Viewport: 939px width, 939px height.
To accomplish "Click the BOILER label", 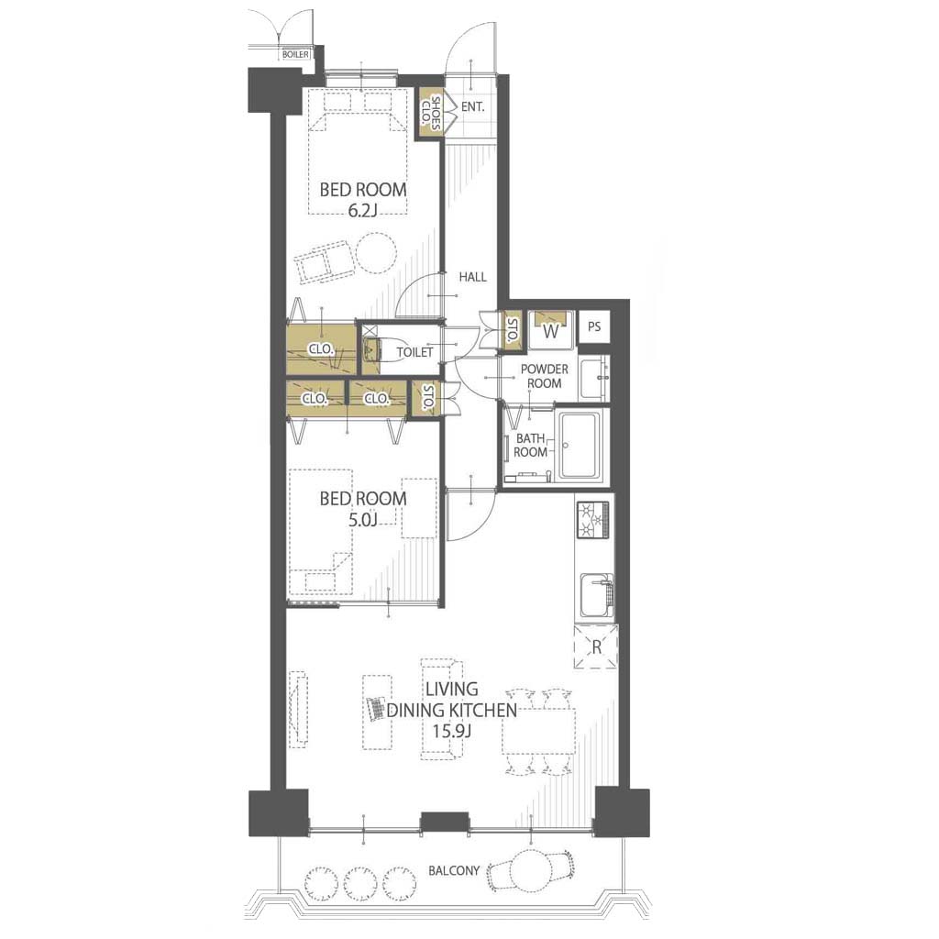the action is click(296, 54).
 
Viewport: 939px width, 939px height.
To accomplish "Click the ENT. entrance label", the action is click(472, 108).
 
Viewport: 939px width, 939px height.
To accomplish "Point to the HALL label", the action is click(472, 277).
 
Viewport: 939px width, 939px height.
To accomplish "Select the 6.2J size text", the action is click(363, 210).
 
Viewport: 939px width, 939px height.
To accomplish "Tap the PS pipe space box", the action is click(594, 327).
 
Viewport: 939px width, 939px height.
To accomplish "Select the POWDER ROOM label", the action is click(544, 376).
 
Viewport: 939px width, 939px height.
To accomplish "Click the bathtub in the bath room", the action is click(580, 446).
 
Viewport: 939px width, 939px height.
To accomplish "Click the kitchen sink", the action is click(596, 596).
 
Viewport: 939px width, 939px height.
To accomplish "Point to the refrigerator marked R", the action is click(596, 646).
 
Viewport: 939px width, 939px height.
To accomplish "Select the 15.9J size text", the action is click(452, 731).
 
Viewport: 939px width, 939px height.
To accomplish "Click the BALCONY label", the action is click(454, 870).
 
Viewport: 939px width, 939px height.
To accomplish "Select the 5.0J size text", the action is click(363, 519).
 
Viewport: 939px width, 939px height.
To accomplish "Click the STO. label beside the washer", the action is click(512, 330).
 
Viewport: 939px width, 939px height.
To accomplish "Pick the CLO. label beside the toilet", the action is click(321, 348).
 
